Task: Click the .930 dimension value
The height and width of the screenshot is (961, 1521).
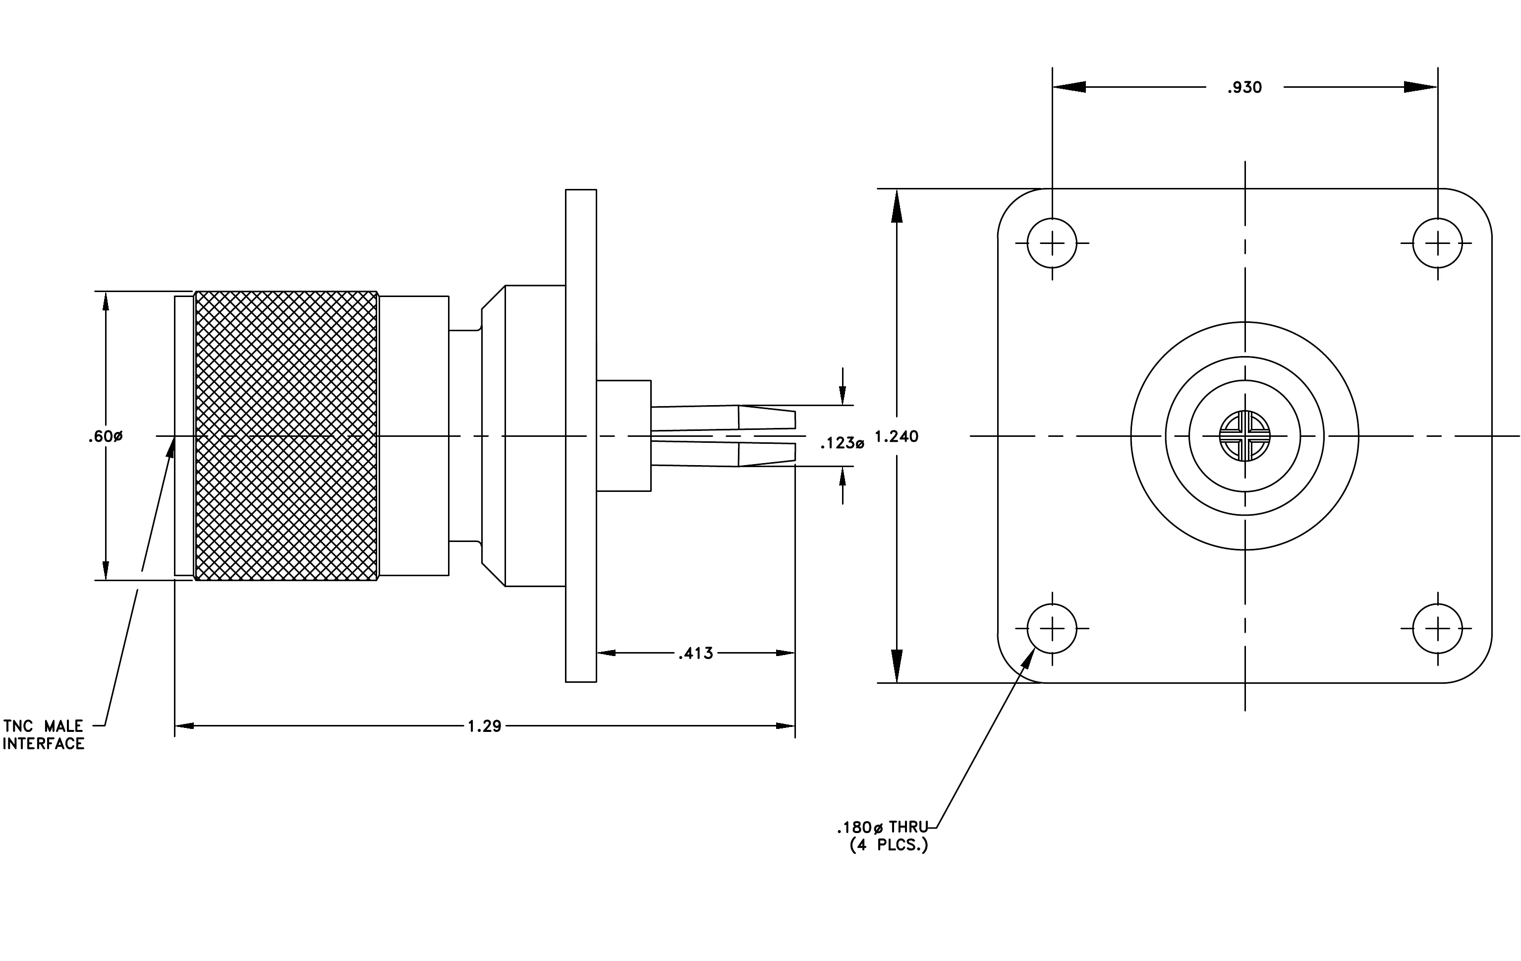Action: click(1244, 87)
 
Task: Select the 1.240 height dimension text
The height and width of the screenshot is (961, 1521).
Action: click(897, 436)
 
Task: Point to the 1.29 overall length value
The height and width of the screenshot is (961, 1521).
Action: click(485, 726)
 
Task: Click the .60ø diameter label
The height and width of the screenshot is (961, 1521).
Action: click(106, 436)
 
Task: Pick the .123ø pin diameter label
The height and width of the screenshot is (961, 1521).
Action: click(842, 443)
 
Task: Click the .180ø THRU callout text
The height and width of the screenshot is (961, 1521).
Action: click(882, 827)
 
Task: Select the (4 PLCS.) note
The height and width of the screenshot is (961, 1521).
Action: click(889, 845)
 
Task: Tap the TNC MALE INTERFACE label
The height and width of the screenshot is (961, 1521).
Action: click(43, 735)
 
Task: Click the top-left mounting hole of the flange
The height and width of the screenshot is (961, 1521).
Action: click(1052, 242)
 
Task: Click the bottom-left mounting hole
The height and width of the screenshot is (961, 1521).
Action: click(1052, 629)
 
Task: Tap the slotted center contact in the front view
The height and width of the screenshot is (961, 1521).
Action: click(1244, 436)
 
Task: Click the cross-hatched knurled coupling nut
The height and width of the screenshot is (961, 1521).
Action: click(286, 436)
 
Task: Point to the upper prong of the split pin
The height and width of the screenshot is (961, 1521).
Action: click(723, 418)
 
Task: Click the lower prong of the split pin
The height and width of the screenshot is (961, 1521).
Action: click(723, 454)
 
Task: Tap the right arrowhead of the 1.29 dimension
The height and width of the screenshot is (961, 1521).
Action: click(785, 726)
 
